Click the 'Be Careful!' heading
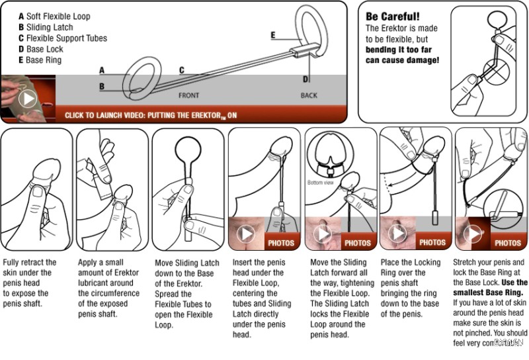coord(393,16)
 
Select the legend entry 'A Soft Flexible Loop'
coord(54,16)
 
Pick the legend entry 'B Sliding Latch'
coord(46,27)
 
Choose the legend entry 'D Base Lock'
coord(41,49)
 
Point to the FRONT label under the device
coord(188,95)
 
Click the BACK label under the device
coord(309,95)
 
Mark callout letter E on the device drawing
coord(273,34)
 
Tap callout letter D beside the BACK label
coord(305,79)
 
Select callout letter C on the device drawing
coord(181,69)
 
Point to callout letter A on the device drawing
coord(102,69)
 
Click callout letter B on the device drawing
coord(102,86)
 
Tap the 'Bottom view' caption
coord(320,183)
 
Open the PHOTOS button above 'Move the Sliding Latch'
coord(358,243)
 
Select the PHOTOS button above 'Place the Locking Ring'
coord(432,243)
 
